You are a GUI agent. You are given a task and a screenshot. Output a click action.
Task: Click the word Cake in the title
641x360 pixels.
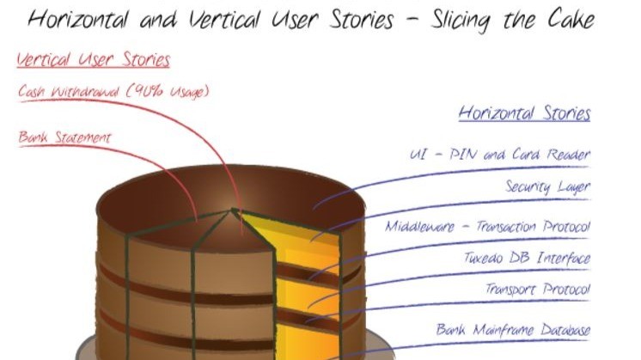(x=571, y=20)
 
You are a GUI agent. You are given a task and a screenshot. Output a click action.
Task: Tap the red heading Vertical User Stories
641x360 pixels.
(x=93, y=59)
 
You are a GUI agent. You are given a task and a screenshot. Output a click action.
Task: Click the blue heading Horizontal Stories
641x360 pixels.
(x=524, y=113)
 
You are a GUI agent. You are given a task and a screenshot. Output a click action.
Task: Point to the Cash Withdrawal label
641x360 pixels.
(x=113, y=91)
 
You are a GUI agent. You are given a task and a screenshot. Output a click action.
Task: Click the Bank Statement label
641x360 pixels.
(x=64, y=137)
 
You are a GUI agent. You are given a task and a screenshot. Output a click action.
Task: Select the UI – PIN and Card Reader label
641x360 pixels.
(x=500, y=154)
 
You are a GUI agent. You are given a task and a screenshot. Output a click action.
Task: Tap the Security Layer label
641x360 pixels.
(x=548, y=186)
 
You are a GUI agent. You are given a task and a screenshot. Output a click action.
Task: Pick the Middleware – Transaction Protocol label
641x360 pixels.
(x=488, y=226)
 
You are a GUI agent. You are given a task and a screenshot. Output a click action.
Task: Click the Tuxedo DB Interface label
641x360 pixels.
(x=527, y=258)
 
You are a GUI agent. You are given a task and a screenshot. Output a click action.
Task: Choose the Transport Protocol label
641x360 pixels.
(x=538, y=289)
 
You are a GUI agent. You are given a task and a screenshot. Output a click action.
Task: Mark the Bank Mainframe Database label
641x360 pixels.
(x=513, y=329)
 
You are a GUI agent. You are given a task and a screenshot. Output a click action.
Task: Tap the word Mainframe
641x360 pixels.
(x=503, y=329)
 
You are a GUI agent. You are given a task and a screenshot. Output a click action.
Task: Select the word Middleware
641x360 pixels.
(x=420, y=226)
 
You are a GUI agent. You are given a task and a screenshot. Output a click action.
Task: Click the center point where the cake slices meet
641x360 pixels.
(x=232, y=210)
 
